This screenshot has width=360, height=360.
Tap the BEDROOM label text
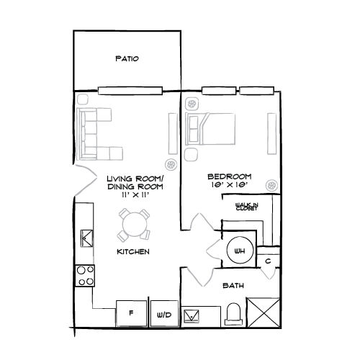coord(228,176)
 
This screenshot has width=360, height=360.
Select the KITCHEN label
coord(133,252)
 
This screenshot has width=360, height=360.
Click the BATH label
coord(233,286)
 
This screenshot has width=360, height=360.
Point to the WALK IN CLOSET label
coord(246,207)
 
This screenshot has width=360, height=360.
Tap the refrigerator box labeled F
coord(131,314)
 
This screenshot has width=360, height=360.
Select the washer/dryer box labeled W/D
coord(163,315)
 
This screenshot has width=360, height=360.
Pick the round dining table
coord(134,225)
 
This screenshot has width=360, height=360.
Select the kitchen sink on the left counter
coord(86,238)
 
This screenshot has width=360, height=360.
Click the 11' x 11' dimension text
coord(135,194)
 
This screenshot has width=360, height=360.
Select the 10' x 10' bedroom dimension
coord(228,186)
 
